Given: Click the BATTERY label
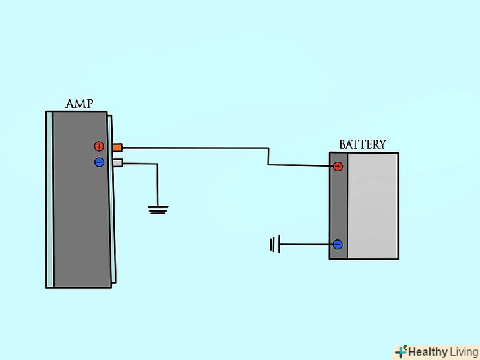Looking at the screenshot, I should [363, 145].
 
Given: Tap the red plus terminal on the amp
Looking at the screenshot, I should [99, 146].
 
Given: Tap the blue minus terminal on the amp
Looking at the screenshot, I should [99, 162].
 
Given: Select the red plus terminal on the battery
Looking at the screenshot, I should [338, 166].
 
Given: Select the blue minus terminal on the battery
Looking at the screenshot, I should [338, 245].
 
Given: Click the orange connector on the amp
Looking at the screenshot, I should [117, 147].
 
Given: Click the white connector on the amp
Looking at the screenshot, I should [117, 162].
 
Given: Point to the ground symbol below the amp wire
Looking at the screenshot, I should [158, 210].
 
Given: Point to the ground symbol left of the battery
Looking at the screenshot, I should [273, 245].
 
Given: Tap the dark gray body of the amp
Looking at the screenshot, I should [79, 211].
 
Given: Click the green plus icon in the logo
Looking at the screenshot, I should [400, 351].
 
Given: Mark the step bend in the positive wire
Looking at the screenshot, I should [268, 156].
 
